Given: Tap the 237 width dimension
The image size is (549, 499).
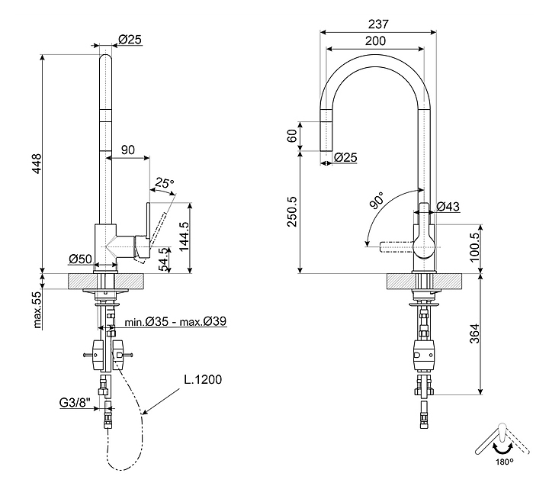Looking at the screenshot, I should click(x=377, y=24).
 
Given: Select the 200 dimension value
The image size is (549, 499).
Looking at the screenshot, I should click(x=374, y=41).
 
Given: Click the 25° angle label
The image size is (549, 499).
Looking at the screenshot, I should click(x=164, y=183).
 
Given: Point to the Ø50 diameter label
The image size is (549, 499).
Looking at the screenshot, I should click(x=80, y=258).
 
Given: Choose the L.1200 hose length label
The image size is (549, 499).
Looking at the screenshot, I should click(x=202, y=380).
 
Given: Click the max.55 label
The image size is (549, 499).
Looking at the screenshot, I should click(x=36, y=308).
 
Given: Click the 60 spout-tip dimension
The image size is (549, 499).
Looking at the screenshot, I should click(x=291, y=136).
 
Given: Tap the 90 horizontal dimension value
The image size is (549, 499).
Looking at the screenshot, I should click(x=128, y=150).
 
